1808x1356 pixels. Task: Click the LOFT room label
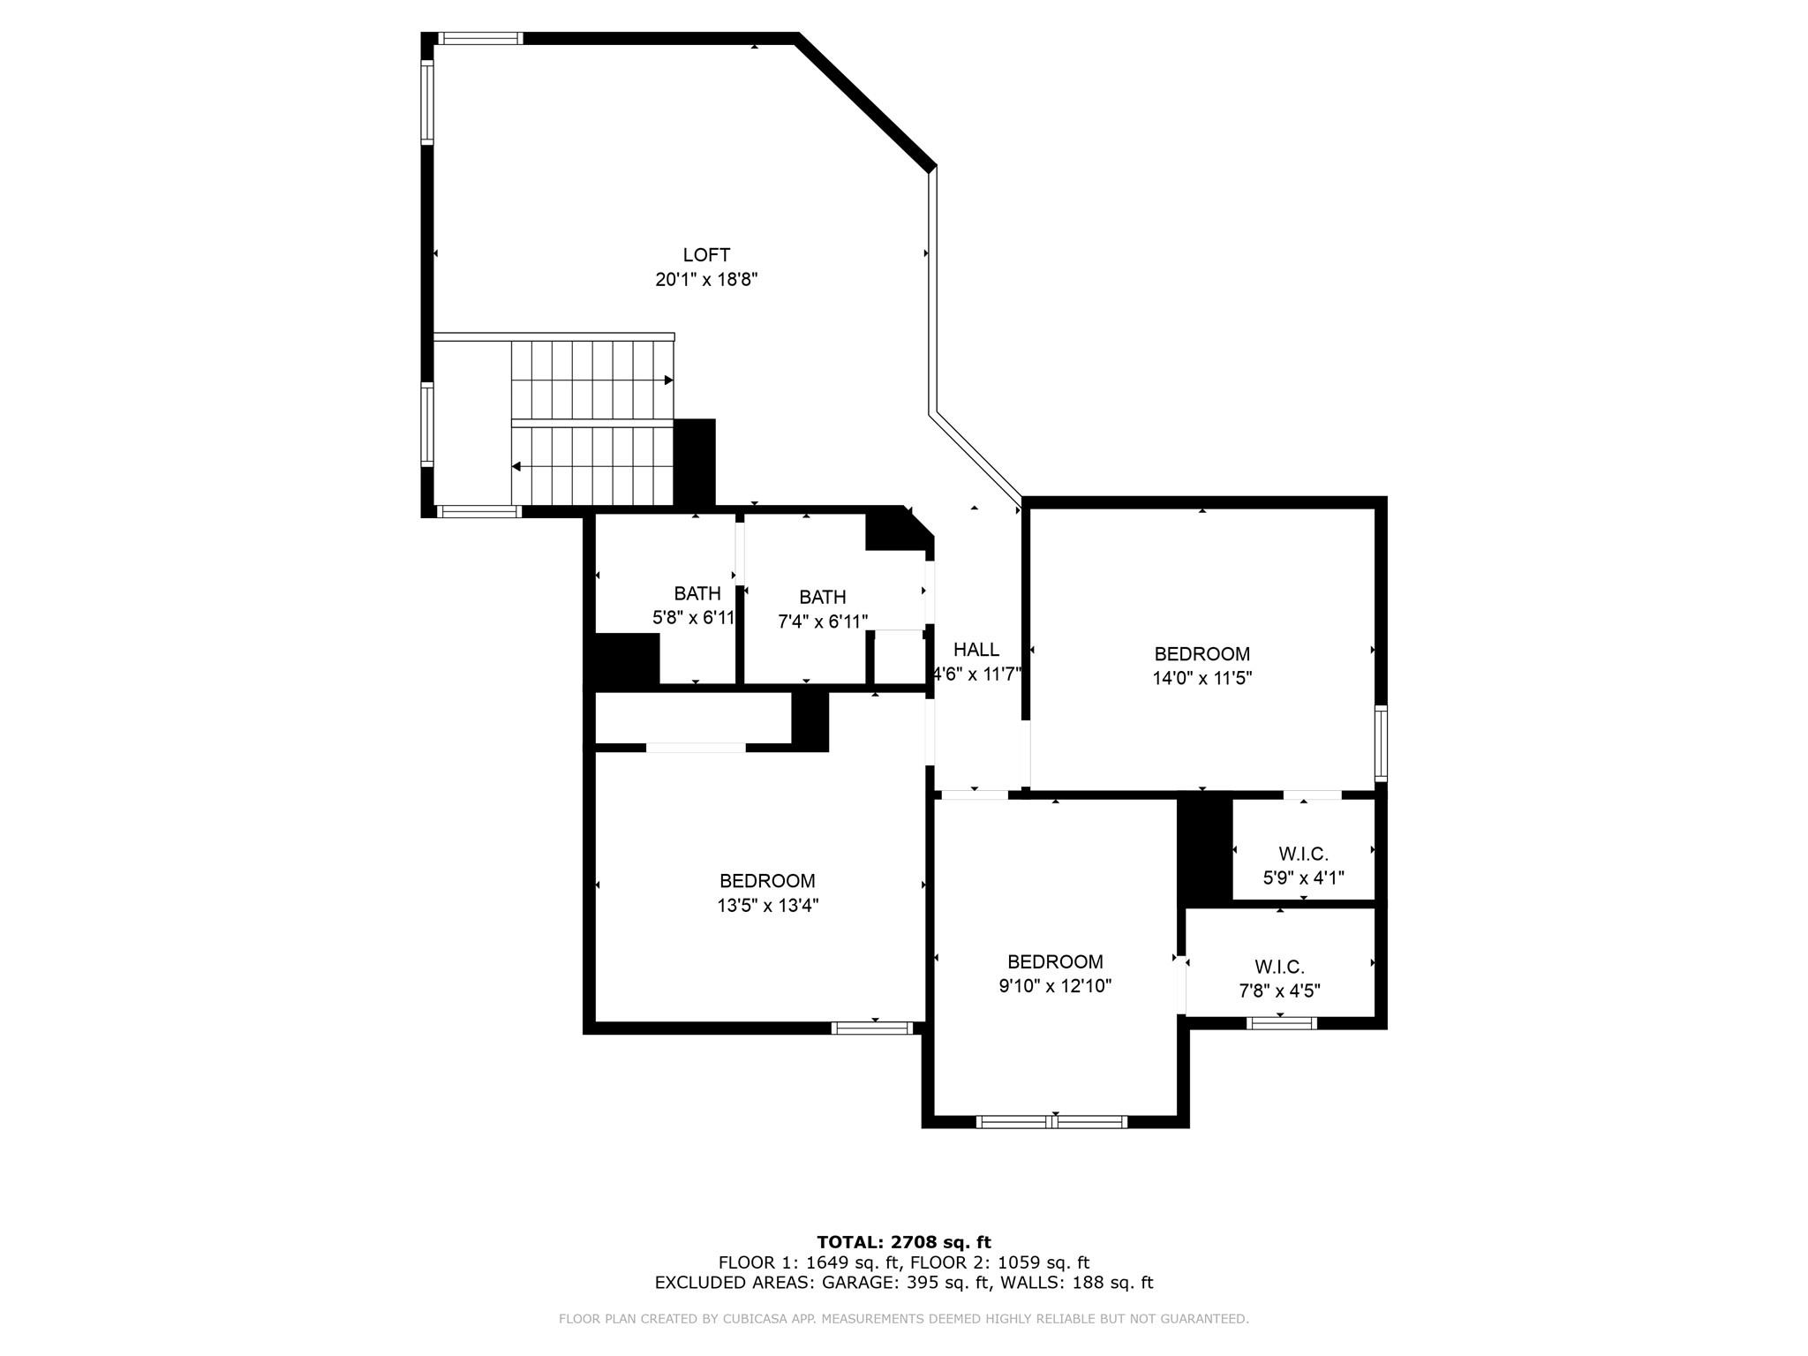point(706,255)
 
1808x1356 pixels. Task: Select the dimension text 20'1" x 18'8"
point(706,280)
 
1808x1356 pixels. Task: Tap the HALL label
point(976,650)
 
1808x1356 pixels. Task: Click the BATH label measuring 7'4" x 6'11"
point(822,598)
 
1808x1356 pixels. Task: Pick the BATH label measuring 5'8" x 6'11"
point(697,593)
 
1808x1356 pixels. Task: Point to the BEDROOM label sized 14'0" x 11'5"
point(1202,654)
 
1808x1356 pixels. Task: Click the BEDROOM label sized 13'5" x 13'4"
point(766,881)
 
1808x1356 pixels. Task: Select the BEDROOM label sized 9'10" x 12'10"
point(1055,961)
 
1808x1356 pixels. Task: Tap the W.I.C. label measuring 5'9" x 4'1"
point(1303,854)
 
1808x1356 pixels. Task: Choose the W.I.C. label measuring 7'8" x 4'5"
point(1279,967)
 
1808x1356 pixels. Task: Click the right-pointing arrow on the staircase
point(668,380)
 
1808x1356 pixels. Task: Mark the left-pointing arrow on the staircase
point(516,466)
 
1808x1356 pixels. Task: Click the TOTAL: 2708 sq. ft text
point(903,1243)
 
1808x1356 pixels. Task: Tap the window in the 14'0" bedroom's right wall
point(1381,742)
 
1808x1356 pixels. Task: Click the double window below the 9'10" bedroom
point(1051,1122)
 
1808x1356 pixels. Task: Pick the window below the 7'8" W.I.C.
point(1281,1023)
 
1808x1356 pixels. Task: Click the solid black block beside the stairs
point(694,462)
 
